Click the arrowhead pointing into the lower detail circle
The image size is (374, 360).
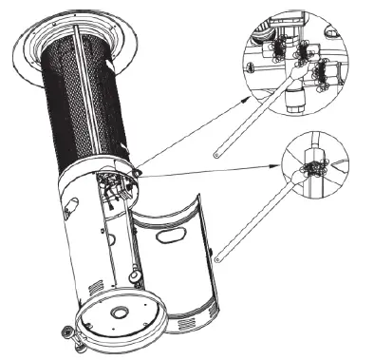pos(286,162)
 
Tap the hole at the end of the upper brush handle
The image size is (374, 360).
pos(217,150)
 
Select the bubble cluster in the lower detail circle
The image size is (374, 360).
pos(311,170)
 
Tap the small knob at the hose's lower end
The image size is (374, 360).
pos(132,275)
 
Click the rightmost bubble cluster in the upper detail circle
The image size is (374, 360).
pos(325,71)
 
